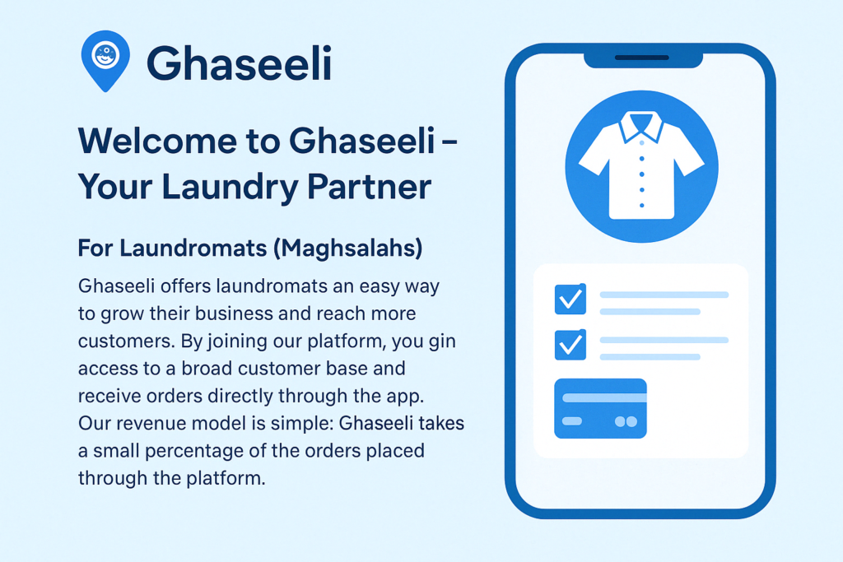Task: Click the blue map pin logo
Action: click(105, 60)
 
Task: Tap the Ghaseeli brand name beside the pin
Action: click(240, 63)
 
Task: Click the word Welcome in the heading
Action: click(158, 141)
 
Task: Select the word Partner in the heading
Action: click(370, 187)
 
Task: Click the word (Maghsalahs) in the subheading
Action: click(348, 248)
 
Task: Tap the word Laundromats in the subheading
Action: click(193, 248)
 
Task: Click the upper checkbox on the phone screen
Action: click(571, 299)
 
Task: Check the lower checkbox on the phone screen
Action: click(571, 345)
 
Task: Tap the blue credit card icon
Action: click(600, 408)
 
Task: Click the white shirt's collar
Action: click(641, 128)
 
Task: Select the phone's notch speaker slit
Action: click(642, 58)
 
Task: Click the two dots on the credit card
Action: click(626, 422)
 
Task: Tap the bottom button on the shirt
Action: click(642, 205)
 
